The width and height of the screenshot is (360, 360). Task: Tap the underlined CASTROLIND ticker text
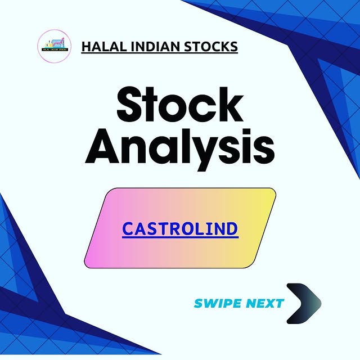(180, 229)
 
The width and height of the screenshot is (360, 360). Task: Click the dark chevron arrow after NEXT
(304, 304)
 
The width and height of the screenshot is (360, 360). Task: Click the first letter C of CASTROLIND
(128, 229)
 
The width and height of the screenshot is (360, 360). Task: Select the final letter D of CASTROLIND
(232, 229)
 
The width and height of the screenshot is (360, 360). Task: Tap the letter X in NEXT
(269, 304)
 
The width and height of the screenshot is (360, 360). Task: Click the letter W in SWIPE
(209, 304)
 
